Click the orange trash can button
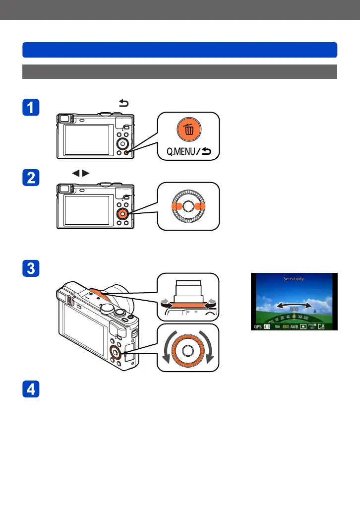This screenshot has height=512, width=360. pos(188,130)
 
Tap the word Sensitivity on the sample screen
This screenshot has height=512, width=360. pos(294,279)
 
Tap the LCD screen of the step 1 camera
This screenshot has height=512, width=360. pos(87,140)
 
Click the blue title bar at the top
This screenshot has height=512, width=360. pos(180,50)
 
